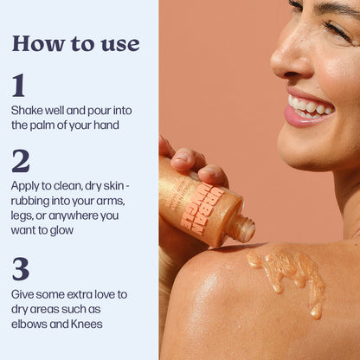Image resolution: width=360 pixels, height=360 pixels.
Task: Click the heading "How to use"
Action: coord(76,44)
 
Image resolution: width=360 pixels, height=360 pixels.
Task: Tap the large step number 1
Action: coord(18,85)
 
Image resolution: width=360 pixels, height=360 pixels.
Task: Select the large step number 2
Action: coord(21,161)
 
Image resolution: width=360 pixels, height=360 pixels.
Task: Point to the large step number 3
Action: coord(21,269)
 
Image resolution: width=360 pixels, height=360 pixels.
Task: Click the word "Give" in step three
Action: coord(22,294)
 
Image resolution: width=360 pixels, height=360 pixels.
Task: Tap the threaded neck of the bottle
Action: coord(241,228)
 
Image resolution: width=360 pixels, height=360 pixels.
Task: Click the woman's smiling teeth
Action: coord(309,106)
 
